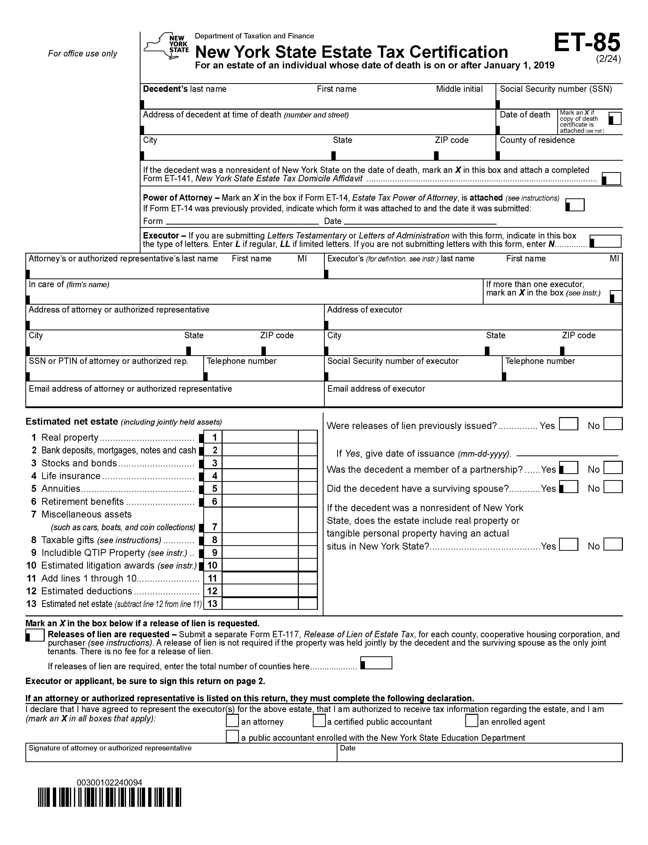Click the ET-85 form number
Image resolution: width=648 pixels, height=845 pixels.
(587, 42)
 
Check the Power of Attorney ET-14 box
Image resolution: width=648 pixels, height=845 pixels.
(575, 205)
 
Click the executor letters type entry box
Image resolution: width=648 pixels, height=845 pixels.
(606, 241)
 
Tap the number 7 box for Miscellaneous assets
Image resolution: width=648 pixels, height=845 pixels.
(213, 527)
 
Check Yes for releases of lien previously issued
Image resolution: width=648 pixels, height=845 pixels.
(568, 424)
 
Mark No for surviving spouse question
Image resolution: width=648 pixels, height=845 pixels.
(613, 487)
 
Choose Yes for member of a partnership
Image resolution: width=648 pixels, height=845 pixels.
(568, 468)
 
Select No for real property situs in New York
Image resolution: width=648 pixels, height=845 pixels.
(613, 544)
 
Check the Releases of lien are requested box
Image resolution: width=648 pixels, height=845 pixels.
(35, 635)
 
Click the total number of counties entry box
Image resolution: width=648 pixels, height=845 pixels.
(376, 663)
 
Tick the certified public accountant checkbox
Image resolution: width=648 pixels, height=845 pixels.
(319, 721)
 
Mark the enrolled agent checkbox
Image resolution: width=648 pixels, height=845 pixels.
(471, 721)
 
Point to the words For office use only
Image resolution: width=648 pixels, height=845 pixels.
(83, 54)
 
